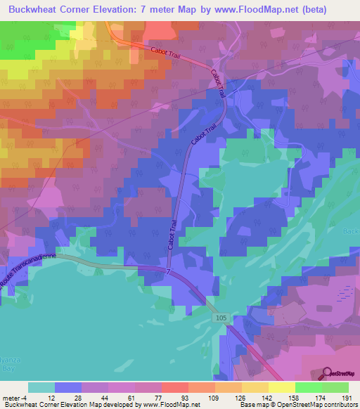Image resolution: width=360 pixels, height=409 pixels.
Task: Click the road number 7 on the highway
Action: [169, 271]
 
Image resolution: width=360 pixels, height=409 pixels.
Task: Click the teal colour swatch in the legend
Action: [41, 387]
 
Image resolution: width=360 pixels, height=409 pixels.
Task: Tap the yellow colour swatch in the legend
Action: [281, 387]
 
